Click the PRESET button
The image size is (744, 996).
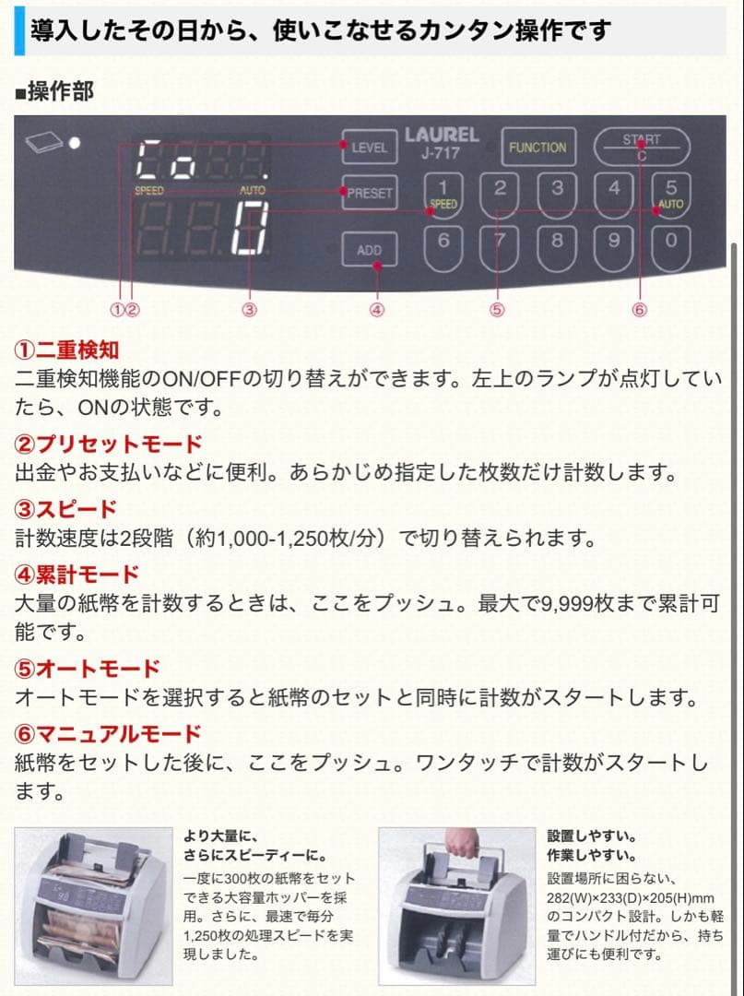(x=369, y=194)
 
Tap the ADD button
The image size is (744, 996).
(x=369, y=250)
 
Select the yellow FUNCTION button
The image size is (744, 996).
(x=537, y=148)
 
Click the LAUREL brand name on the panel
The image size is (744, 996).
(x=442, y=136)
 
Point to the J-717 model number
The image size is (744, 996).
(x=441, y=153)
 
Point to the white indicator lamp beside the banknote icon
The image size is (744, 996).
(x=75, y=143)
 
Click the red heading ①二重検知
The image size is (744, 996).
(x=66, y=350)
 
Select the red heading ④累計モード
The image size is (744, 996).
(x=77, y=575)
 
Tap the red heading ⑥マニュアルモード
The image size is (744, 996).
(x=108, y=734)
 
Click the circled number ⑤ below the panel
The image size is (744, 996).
(x=497, y=310)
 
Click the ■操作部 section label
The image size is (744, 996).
(x=54, y=91)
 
